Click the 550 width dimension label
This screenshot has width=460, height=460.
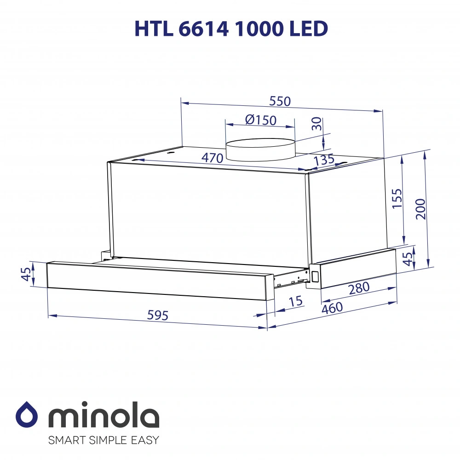point(280,101)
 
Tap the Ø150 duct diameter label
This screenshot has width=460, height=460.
point(261,120)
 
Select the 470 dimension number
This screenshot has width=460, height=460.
point(212,158)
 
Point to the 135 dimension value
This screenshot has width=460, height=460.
point(324,160)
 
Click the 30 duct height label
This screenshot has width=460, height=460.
point(317,124)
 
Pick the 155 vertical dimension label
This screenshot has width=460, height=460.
point(397,199)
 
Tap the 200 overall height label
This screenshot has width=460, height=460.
point(420,209)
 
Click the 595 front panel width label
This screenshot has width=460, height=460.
point(157,315)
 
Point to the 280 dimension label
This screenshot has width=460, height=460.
point(359,288)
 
